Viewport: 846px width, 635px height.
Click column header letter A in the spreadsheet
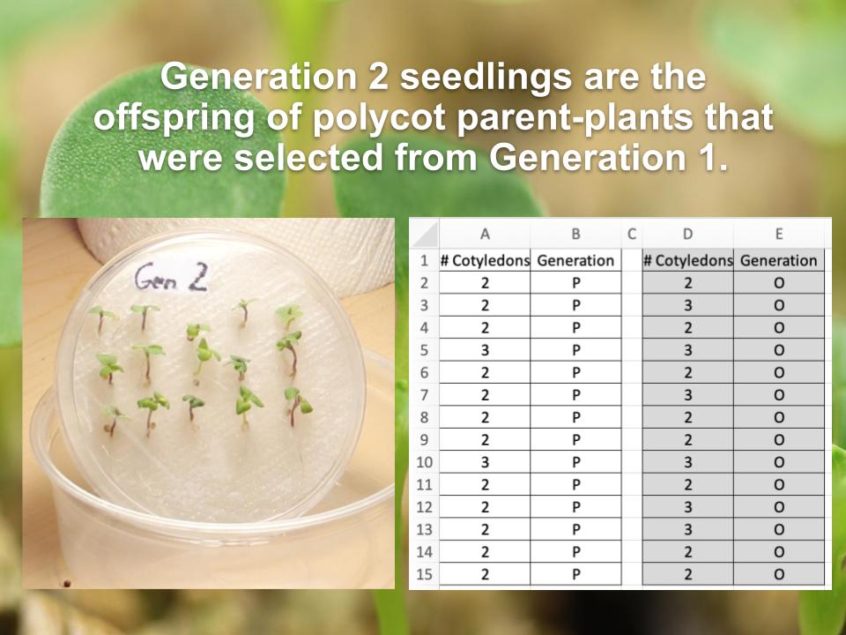point(484,234)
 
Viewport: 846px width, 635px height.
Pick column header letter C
point(631,234)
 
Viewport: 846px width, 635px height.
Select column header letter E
point(778,234)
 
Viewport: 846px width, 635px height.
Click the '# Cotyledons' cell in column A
point(485,260)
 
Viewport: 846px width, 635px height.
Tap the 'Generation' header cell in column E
point(778,260)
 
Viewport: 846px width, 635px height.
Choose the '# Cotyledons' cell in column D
point(687,260)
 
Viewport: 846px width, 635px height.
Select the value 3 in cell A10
point(484,462)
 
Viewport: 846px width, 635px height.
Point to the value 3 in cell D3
point(687,305)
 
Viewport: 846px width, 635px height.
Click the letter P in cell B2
point(575,283)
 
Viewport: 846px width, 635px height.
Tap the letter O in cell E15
point(778,574)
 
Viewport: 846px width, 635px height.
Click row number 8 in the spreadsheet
point(424,417)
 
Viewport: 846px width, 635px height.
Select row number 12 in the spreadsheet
point(424,507)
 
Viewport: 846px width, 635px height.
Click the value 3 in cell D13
point(687,529)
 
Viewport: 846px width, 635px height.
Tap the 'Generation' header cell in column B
point(575,260)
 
